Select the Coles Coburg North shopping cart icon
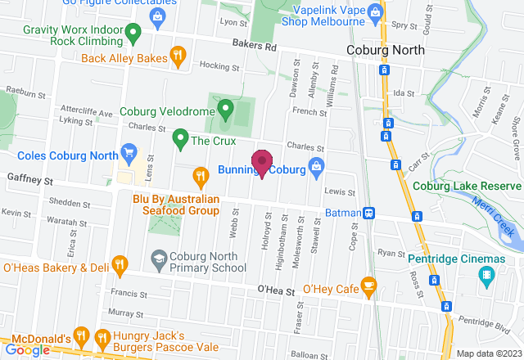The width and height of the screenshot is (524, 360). pyautogui.click(x=128, y=151)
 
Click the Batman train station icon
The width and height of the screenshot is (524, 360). pyautogui.click(x=370, y=213)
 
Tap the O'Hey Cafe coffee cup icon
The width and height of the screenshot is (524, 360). pyautogui.click(x=368, y=286)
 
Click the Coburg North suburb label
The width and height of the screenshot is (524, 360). pyautogui.click(x=385, y=50)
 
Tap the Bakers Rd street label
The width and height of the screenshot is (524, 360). pyautogui.click(x=254, y=47)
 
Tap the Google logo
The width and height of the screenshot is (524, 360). pyautogui.click(x=28, y=349)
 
